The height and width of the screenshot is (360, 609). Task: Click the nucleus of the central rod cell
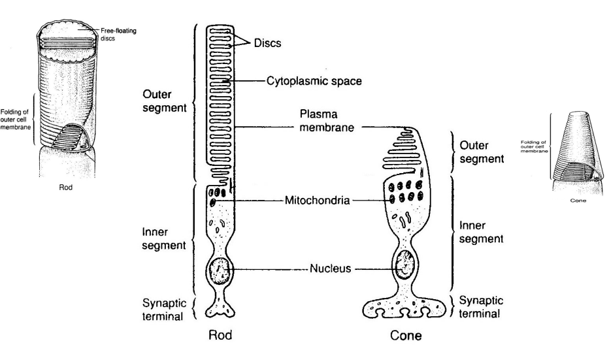coord(220,269)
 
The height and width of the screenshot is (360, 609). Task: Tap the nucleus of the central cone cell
coord(407,265)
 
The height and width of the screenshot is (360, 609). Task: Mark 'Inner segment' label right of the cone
coord(482,233)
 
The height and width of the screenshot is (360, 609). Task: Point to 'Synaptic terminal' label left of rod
coord(163,310)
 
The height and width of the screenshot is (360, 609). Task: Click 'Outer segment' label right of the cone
coord(482,151)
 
